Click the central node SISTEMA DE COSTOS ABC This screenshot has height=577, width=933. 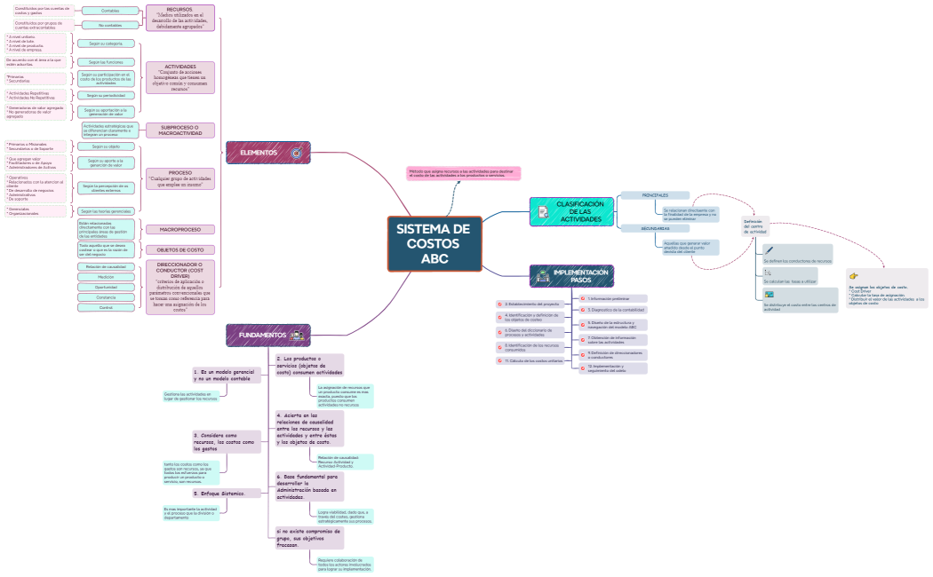click(435, 243)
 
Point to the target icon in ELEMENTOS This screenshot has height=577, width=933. click(297, 153)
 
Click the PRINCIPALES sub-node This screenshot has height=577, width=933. click(656, 195)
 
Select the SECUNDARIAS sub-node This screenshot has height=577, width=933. click(656, 228)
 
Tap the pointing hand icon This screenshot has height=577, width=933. click(854, 276)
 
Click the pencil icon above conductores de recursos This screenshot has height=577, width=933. click(770, 250)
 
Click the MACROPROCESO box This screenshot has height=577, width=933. click(179, 229)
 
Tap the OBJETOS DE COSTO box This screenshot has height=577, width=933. click(180, 249)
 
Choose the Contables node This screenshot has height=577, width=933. click(110, 11)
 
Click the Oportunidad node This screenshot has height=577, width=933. click(106, 288)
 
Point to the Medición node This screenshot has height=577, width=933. click(106, 277)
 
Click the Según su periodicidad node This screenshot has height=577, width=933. click(106, 95)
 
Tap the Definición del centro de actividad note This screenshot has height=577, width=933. click(754, 226)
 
